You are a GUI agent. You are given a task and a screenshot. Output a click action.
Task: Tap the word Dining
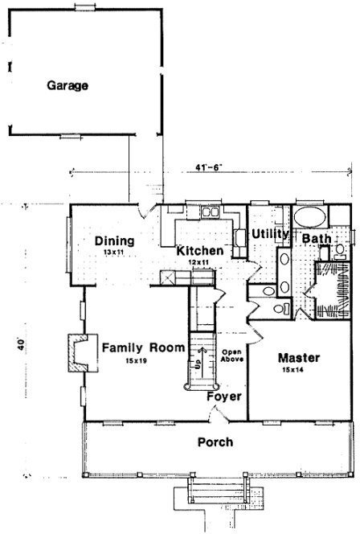pyautogui.click(x=113, y=240)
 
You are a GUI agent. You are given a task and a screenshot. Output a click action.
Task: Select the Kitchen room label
pyautogui.click(x=199, y=250)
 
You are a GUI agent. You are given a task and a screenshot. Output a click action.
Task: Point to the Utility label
pyautogui.click(x=269, y=233)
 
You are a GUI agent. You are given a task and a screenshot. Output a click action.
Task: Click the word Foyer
pyautogui.click(x=222, y=396)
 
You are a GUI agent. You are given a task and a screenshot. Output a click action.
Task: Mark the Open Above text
pyautogui.click(x=232, y=355)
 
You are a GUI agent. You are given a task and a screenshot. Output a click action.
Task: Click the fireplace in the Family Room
pyautogui.click(x=75, y=351)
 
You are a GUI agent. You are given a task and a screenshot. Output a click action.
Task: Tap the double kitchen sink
pyautogui.click(x=211, y=212)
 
